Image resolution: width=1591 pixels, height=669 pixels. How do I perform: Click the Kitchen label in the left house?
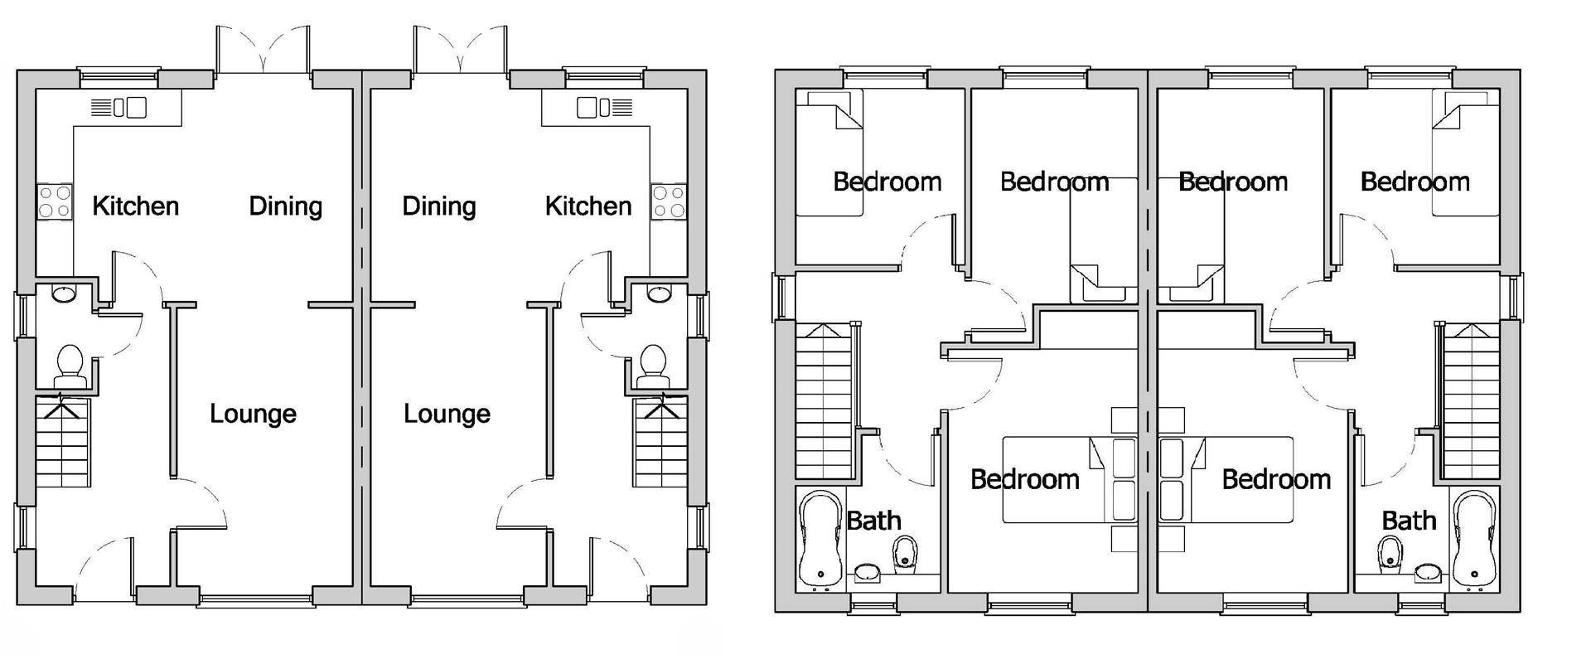[135, 206]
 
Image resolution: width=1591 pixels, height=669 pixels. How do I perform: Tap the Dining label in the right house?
[438, 206]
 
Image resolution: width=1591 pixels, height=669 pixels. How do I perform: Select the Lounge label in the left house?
[253, 414]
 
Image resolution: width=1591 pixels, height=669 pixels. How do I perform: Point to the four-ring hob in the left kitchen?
[54, 201]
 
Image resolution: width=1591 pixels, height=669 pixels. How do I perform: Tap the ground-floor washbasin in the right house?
[659, 293]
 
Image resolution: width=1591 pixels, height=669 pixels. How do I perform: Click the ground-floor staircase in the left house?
[62, 444]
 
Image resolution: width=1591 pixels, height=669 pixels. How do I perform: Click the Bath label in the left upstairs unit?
[873, 521]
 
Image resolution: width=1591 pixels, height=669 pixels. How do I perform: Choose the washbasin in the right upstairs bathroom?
[1427, 572]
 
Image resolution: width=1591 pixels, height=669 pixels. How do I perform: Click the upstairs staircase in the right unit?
[1472, 402]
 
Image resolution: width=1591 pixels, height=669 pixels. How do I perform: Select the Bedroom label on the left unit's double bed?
[1024, 479]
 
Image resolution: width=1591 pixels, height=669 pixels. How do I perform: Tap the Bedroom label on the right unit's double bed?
[1276, 479]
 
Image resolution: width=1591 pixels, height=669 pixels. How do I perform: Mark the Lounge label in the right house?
[447, 414]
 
